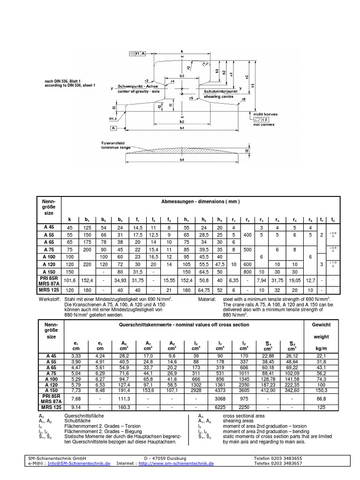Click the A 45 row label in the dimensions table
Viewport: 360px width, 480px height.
pos(49,227)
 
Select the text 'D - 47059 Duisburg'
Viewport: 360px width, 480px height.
pos(165,457)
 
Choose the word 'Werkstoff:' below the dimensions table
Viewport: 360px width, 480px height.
pos(49,298)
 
